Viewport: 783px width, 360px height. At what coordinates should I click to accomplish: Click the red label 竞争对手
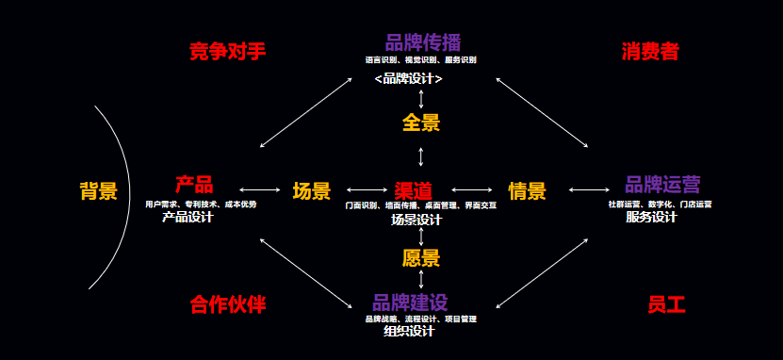[x=227, y=51]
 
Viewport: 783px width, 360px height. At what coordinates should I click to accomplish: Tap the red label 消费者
[x=650, y=51]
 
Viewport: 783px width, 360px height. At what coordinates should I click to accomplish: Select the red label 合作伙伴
[x=227, y=304]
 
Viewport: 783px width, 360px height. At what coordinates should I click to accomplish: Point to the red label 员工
[x=666, y=304]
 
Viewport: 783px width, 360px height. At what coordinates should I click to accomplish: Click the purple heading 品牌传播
[x=422, y=42]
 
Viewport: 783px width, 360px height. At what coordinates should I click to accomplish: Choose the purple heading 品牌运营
[x=662, y=185]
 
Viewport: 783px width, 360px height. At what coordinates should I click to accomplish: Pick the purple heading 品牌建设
[x=409, y=303]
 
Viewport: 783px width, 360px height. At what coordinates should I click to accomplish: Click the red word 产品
[x=194, y=185]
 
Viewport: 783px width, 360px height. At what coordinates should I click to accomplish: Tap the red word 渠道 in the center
[x=414, y=190]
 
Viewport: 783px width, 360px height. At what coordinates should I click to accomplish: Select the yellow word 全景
[x=421, y=123]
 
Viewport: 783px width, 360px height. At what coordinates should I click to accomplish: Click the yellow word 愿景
[x=421, y=257]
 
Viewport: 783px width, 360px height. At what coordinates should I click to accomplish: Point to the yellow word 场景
[x=312, y=191]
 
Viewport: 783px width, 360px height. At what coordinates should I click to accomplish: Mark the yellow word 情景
[x=527, y=191]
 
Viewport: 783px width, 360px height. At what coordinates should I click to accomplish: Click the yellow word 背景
[x=98, y=191]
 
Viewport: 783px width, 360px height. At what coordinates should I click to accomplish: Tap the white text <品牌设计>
[x=408, y=79]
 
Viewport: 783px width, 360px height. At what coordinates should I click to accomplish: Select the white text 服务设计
[x=651, y=217]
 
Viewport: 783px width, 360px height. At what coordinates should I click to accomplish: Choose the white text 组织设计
[x=409, y=331]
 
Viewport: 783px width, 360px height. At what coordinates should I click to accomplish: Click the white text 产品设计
[x=188, y=217]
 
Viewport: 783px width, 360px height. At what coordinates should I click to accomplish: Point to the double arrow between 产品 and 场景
[x=260, y=190]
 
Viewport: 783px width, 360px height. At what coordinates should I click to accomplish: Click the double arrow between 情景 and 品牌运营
[x=590, y=190]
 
